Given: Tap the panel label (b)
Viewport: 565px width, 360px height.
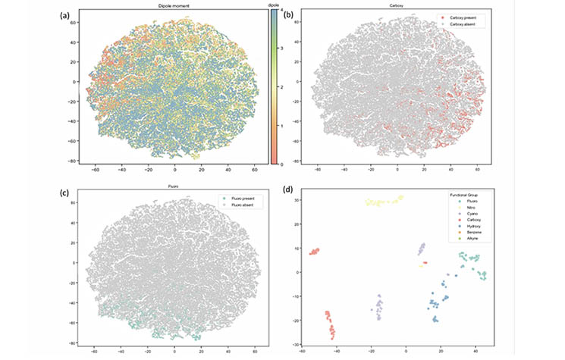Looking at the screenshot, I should coord(290,13).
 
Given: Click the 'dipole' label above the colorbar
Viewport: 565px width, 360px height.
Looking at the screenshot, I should coord(274,7).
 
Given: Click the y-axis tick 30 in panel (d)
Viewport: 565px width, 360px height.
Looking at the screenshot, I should coord(297,201).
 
